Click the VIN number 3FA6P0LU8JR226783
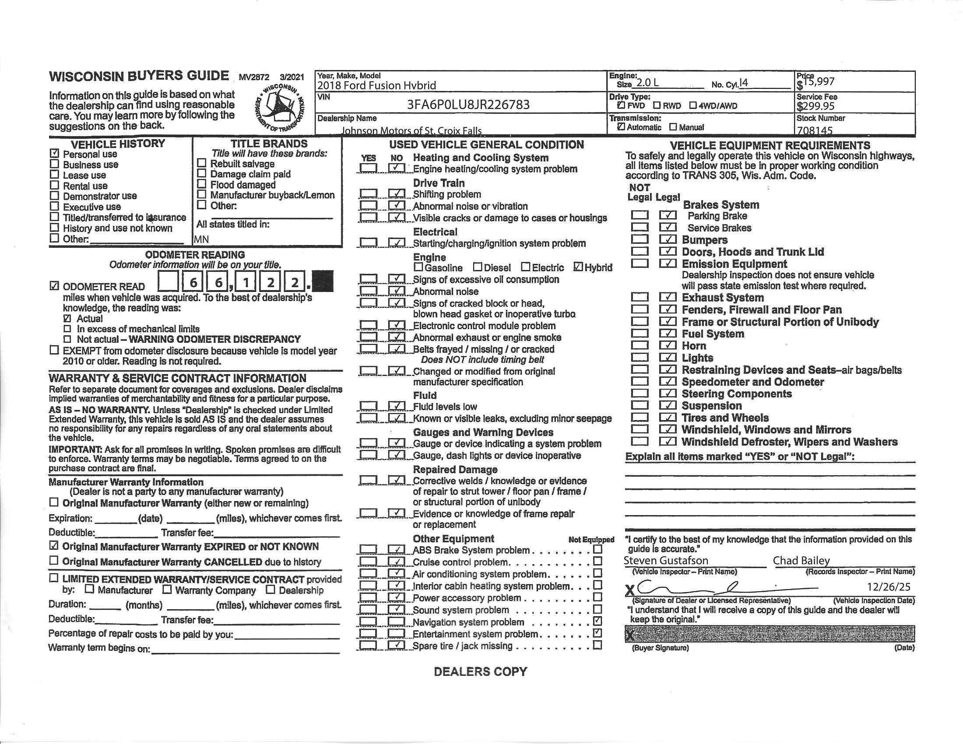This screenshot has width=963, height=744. click(x=468, y=105)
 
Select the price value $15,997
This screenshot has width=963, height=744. click(x=815, y=81)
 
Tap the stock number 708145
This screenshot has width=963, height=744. click(x=815, y=130)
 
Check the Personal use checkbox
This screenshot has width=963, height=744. click(x=55, y=154)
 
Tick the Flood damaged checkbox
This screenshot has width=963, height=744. click(x=201, y=184)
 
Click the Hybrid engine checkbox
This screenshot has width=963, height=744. click(x=578, y=267)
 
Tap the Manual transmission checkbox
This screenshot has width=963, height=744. click(x=673, y=127)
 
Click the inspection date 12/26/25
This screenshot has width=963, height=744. click(x=888, y=587)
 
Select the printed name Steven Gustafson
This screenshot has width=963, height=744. click(x=666, y=561)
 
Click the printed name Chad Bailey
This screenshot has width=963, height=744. click(x=801, y=561)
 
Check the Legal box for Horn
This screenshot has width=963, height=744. click(x=668, y=346)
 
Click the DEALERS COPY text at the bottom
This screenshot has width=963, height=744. click(x=481, y=672)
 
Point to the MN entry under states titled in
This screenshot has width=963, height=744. click(x=201, y=239)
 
